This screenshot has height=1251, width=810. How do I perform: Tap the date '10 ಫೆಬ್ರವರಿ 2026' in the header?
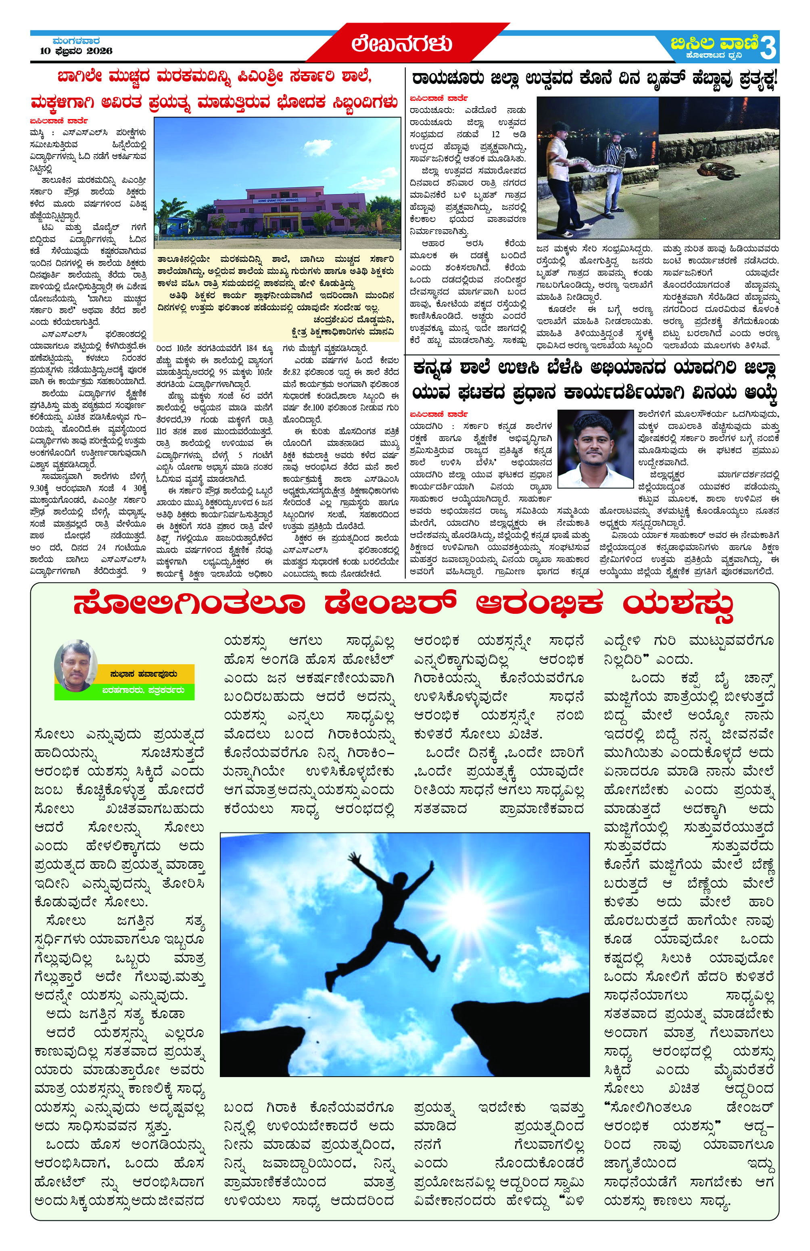point(77,51)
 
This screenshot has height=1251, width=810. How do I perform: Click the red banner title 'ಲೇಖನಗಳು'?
point(402,44)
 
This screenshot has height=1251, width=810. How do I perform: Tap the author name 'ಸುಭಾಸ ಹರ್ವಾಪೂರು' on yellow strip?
point(143,674)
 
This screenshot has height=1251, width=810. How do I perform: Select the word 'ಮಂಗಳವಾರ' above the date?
point(77,40)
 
